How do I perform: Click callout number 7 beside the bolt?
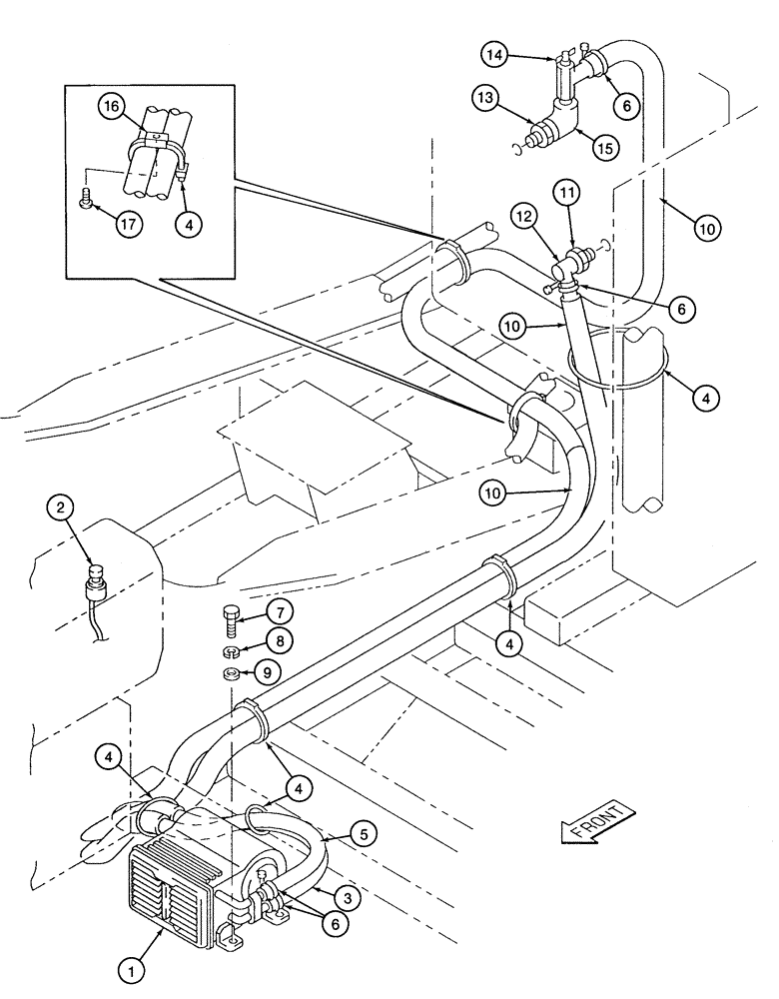(280, 610)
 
